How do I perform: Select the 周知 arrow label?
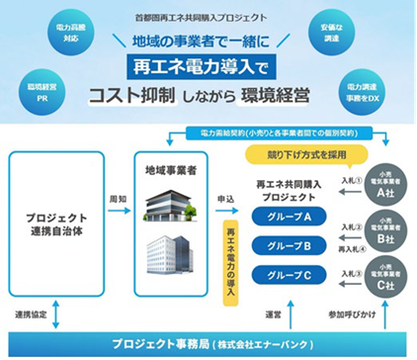[116, 198]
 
